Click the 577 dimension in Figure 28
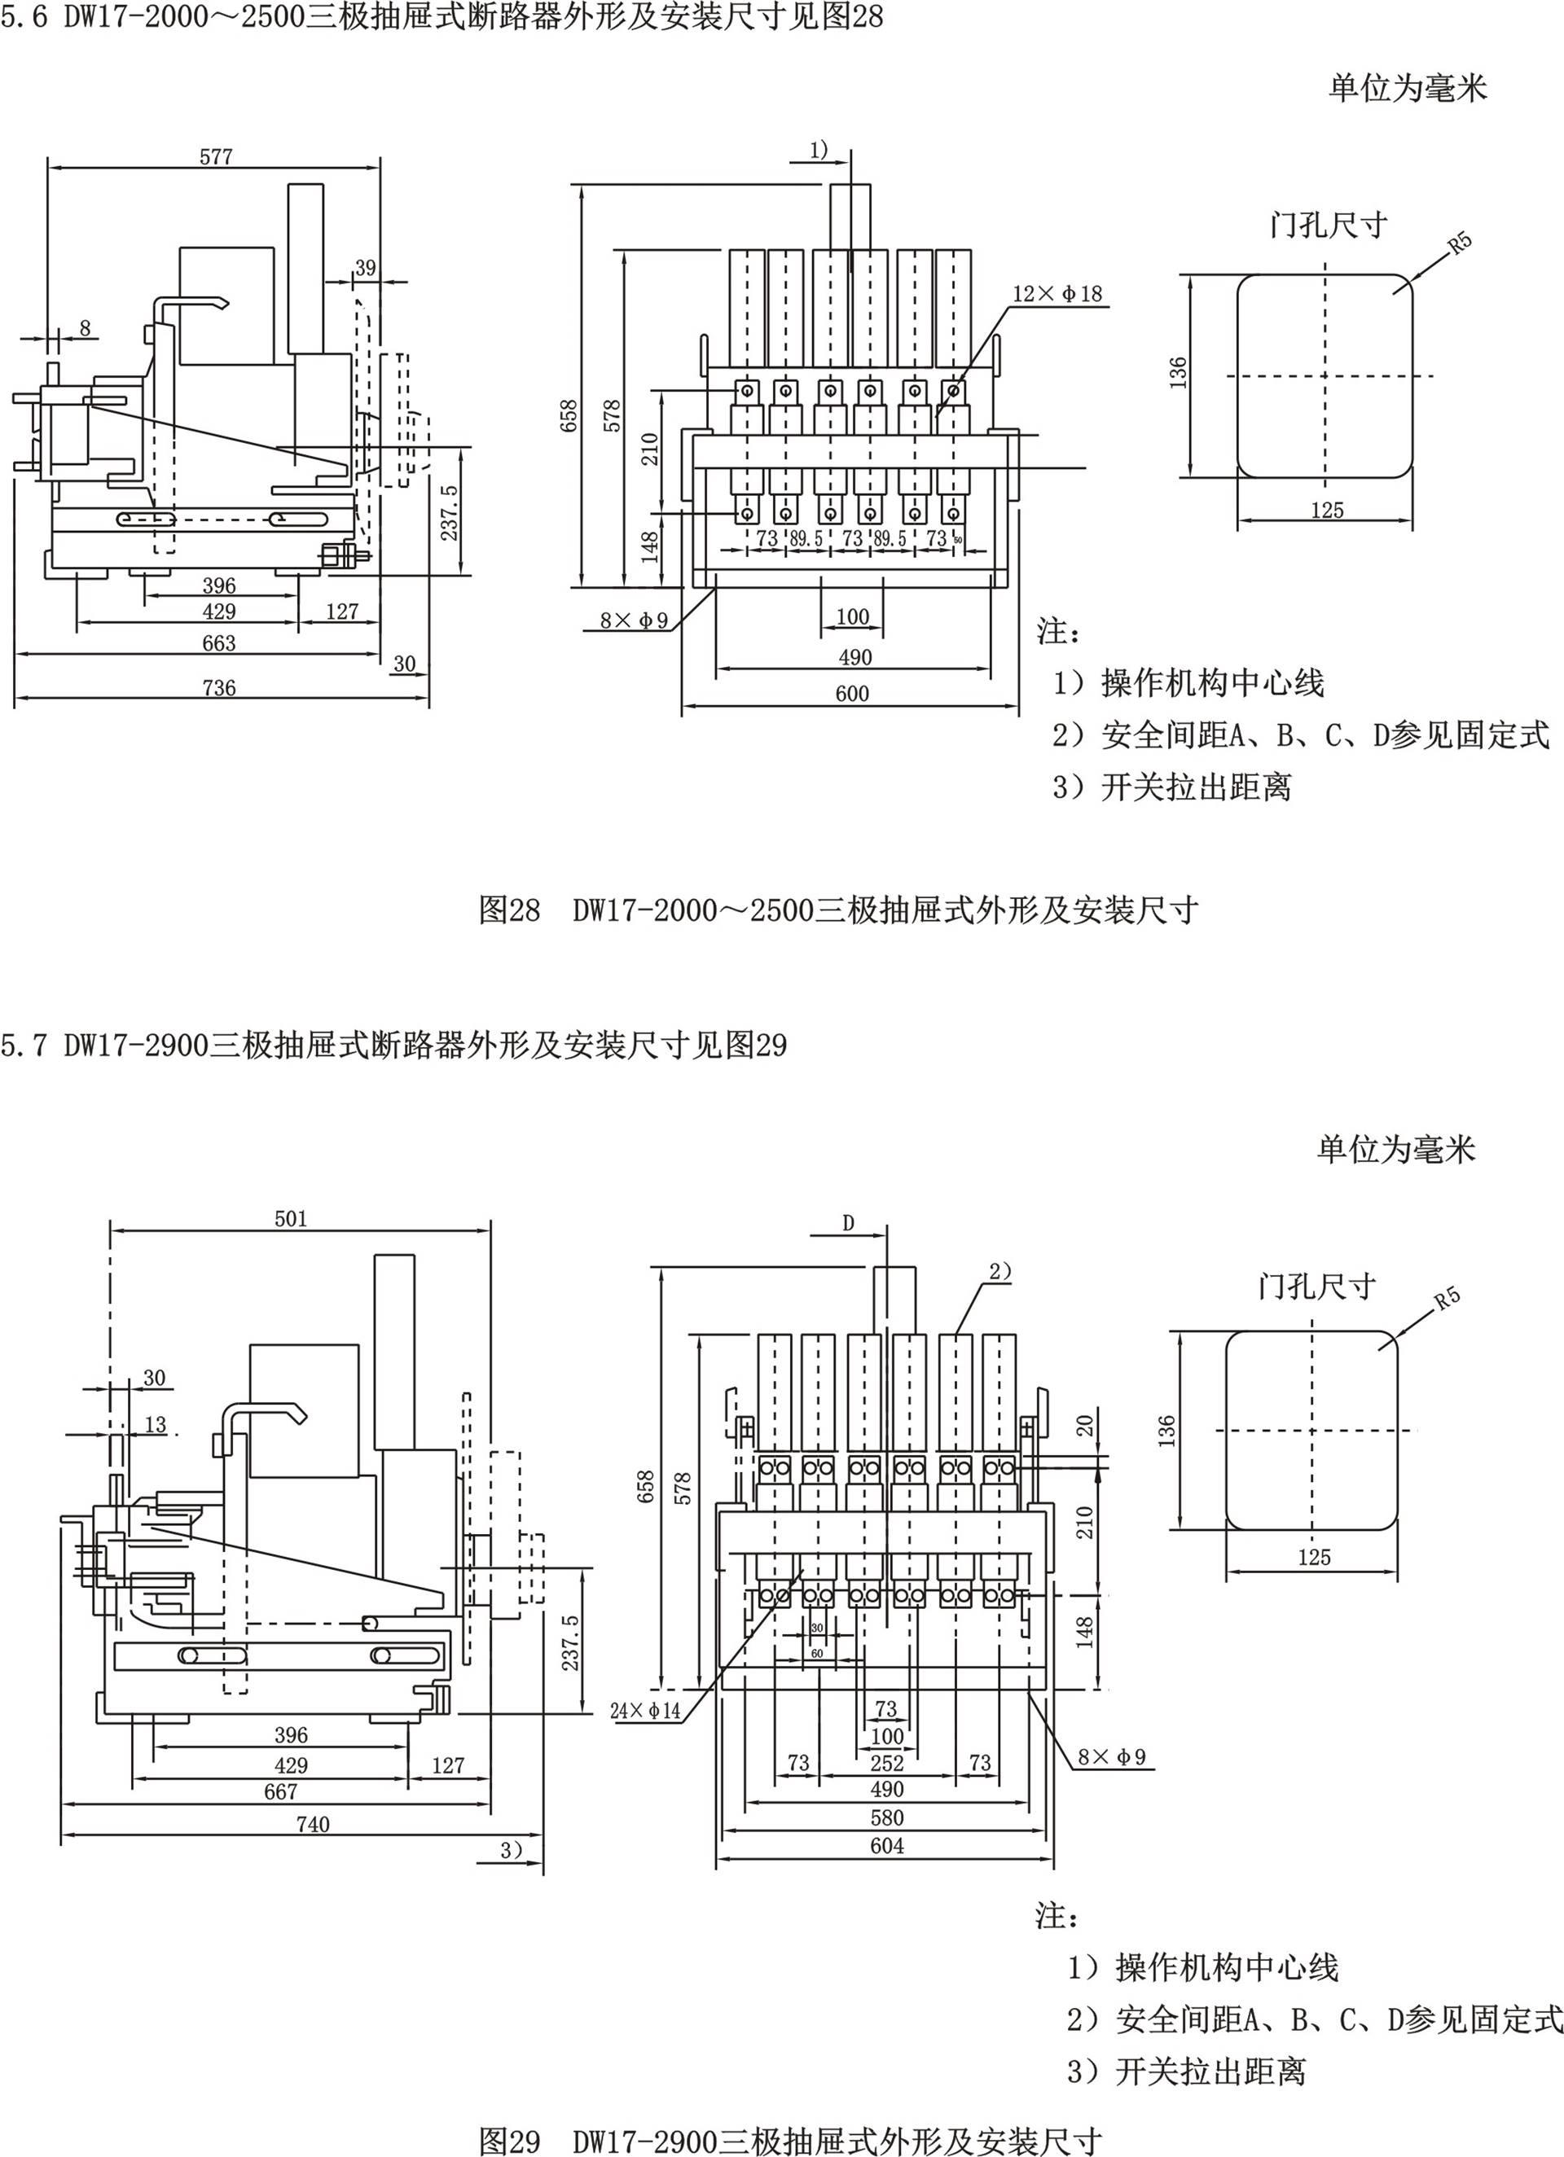coord(216,157)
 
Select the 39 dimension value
coord(365,268)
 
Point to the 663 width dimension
coord(219,643)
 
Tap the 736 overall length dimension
coord(219,686)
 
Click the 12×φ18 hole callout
coord(1057,294)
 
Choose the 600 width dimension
coord(851,693)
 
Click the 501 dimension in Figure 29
coord(291,1218)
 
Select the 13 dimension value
coord(155,1423)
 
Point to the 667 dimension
coord(282,1791)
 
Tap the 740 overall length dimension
coord(312,1824)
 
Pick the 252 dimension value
coord(886,1763)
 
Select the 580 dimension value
coord(886,1818)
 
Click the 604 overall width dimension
coord(886,1846)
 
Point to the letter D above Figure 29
coord(849,1223)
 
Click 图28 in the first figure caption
coord(509,910)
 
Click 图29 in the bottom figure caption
coord(509,2140)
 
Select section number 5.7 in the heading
coord(24,1046)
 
